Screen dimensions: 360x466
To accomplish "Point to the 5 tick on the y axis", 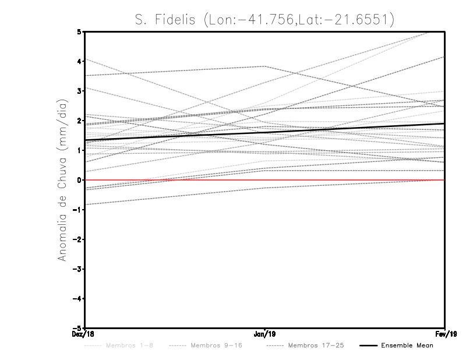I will tap(79, 31).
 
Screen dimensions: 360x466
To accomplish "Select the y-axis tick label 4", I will tap(79, 61).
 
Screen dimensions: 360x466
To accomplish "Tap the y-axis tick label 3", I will tap(79, 91).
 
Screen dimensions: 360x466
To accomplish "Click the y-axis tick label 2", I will tap(79, 121).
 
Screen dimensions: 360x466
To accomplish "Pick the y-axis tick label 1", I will tap(79, 150).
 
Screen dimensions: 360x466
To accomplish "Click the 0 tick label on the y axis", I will tap(79, 180).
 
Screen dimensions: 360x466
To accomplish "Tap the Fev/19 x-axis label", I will tap(446, 334).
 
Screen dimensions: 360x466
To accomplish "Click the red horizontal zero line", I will tap(349, 180).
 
